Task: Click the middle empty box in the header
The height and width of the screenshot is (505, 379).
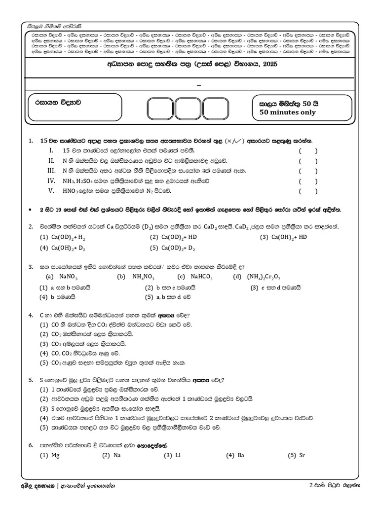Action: (x=189, y=108)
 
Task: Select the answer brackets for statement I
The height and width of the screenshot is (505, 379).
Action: (x=308, y=151)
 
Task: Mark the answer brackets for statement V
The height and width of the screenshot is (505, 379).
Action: (x=308, y=191)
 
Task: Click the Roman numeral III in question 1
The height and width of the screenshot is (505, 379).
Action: (x=51, y=171)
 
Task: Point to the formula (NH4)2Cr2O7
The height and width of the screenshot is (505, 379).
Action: (x=264, y=277)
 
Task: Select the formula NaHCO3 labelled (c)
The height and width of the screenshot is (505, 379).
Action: (x=200, y=277)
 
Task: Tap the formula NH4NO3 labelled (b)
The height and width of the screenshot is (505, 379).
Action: (x=143, y=277)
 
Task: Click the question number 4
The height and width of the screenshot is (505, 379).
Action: (x=31, y=315)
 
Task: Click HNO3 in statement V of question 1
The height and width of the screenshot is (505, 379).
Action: (x=71, y=191)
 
